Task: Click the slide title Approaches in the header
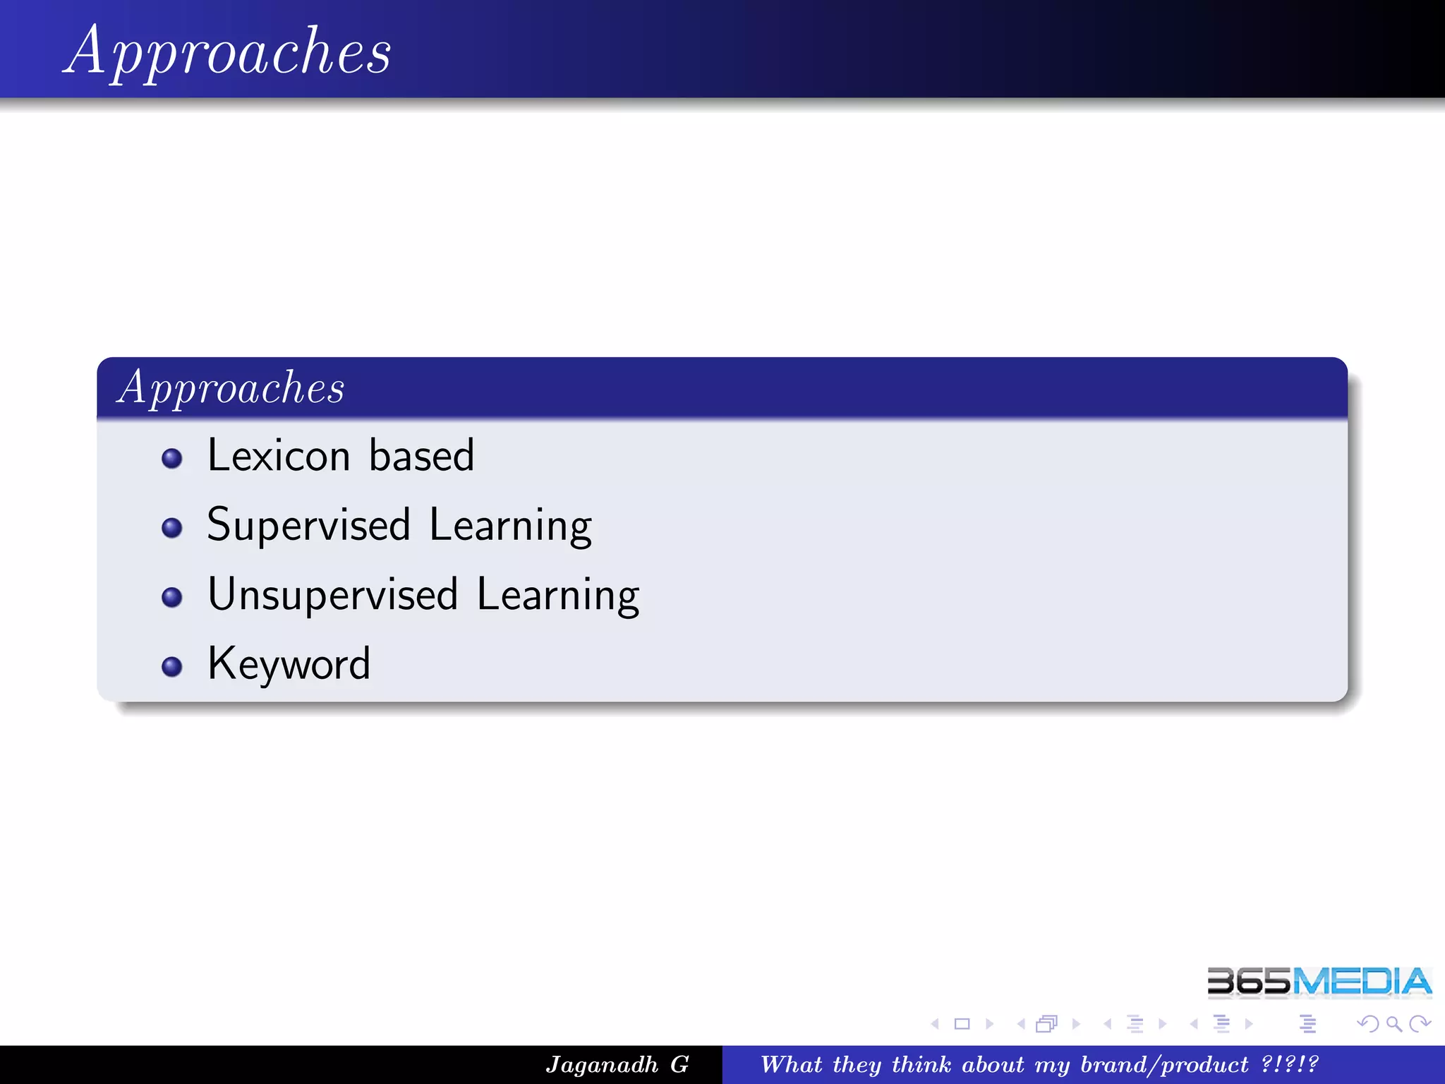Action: [227, 51]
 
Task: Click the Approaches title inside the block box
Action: [231, 387]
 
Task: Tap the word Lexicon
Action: [279, 455]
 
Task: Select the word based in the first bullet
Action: [421, 455]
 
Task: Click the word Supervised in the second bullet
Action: [308, 525]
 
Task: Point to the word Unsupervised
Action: [333, 594]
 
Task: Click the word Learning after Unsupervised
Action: [557, 594]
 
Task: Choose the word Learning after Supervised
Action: [510, 525]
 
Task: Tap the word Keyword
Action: [289, 664]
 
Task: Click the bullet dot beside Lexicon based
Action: [171, 459]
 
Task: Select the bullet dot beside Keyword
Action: [171, 667]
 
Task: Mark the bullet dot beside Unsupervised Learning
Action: [171, 598]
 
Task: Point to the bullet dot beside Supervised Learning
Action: [171, 528]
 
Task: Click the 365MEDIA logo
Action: [1319, 982]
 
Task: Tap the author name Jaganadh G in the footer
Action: [617, 1064]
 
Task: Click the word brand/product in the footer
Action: [1164, 1064]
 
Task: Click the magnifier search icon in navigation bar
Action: [1393, 1023]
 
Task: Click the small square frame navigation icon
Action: [962, 1023]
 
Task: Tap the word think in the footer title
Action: [921, 1064]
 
